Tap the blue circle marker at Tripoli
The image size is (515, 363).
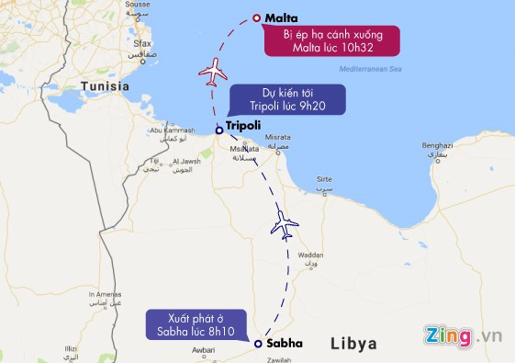point(218,130)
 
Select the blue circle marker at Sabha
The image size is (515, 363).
point(258,344)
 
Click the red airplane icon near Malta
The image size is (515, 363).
point(212,71)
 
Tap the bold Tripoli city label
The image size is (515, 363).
point(243,125)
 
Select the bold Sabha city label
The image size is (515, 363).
point(284,343)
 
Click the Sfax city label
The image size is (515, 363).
point(141,43)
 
